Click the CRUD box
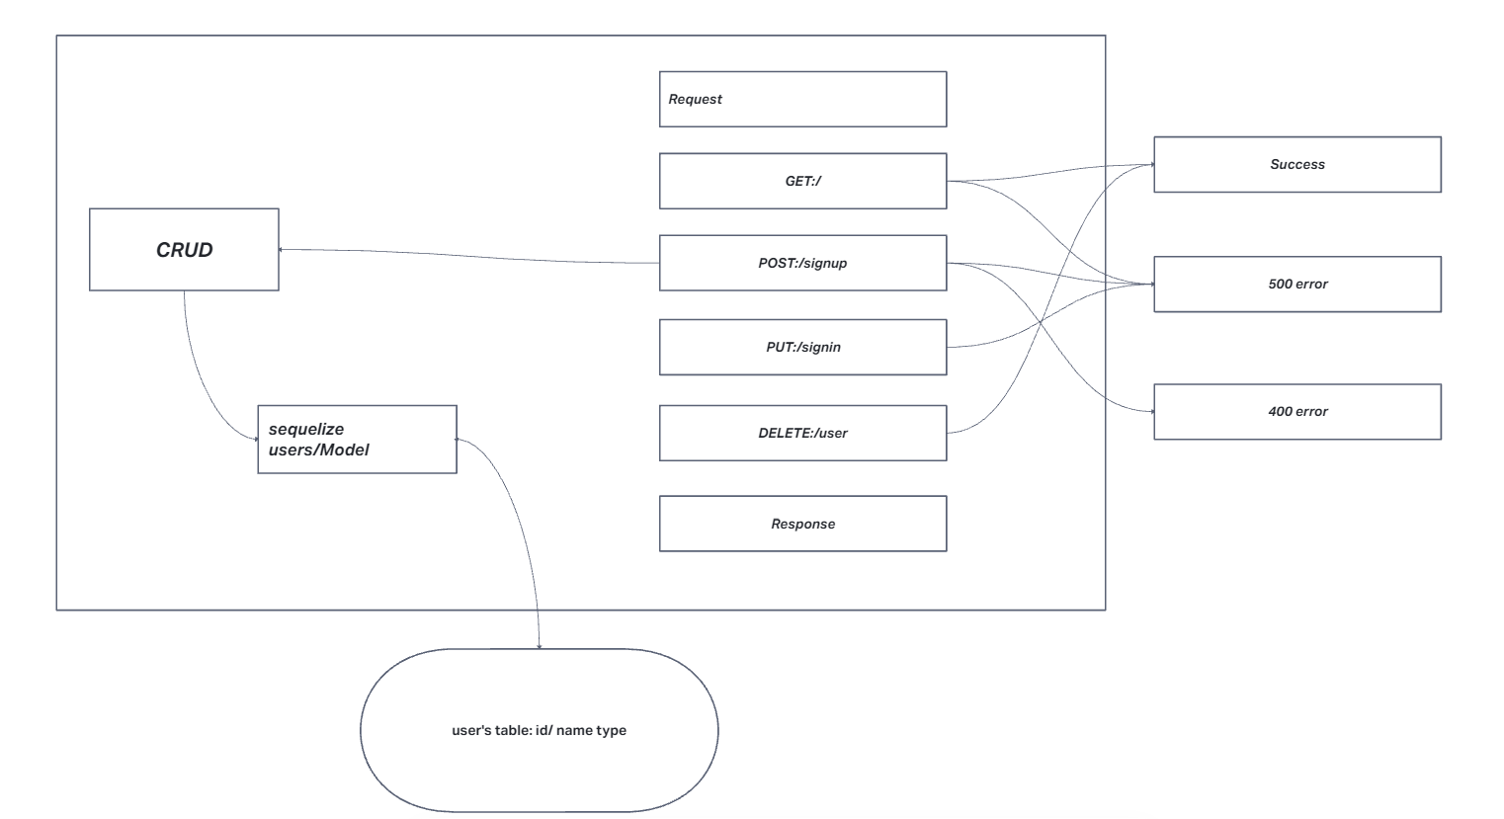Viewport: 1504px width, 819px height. coord(184,249)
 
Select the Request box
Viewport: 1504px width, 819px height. coord(802,99)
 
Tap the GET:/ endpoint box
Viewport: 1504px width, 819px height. coord(802,181)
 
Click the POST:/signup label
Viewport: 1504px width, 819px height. coord(802,264)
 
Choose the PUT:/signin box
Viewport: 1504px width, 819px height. coord(802,347)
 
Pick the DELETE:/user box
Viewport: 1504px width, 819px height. coord(802,433)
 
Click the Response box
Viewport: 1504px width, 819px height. coord(802,524)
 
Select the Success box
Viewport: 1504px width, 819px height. coord(1296,164)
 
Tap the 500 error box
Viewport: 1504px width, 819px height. coord(1296,284)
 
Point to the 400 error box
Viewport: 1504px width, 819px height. coord(1296,411)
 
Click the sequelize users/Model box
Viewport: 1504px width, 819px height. coord(357,440)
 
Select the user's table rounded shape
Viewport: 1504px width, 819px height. coord(539,731)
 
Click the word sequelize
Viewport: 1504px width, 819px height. coord(306,430)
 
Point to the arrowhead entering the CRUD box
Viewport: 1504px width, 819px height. coord(283,249)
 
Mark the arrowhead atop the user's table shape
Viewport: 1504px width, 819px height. coord(540,646)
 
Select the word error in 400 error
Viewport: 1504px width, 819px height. coord(1311,411)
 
